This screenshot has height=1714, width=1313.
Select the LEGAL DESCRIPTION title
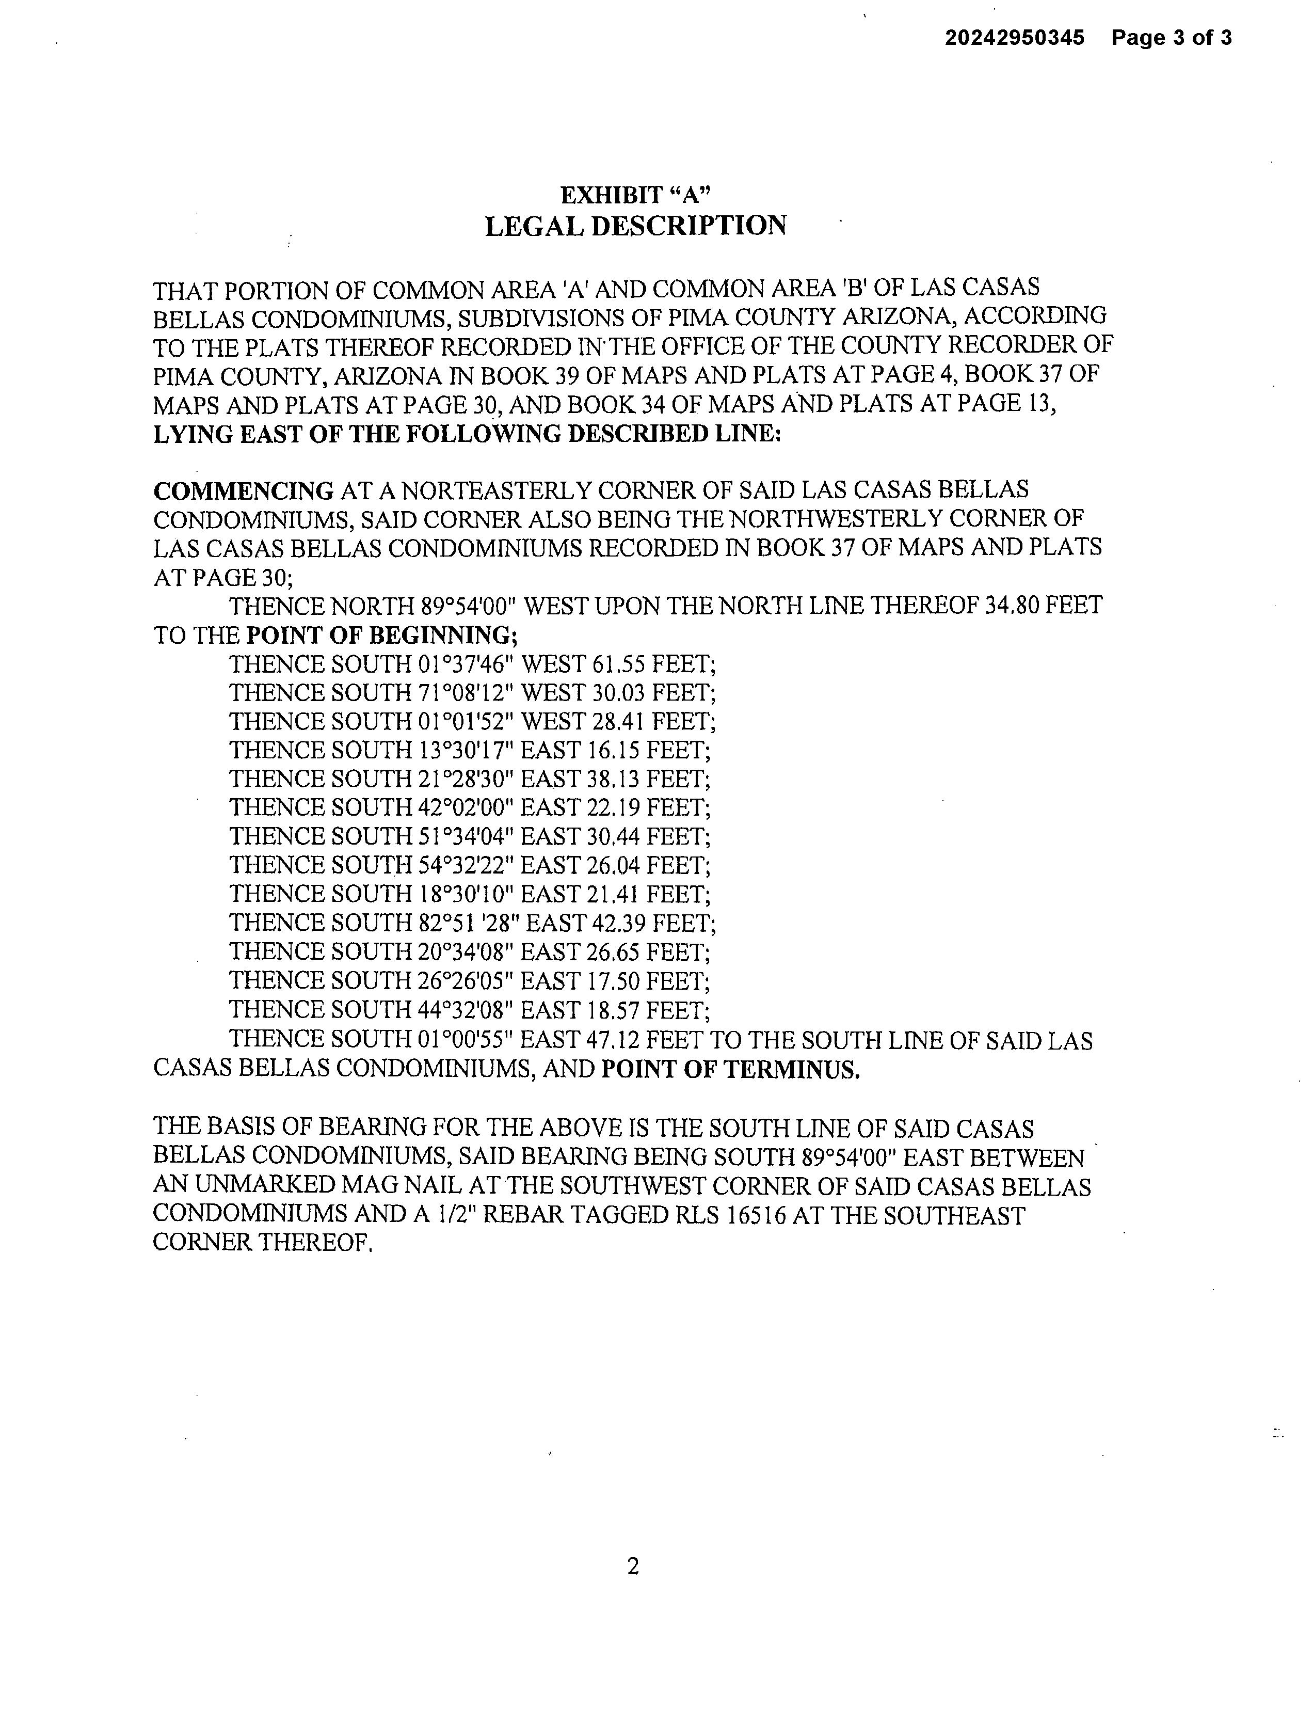tap(635, 226)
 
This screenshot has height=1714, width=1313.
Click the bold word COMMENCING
tap(243, 491)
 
